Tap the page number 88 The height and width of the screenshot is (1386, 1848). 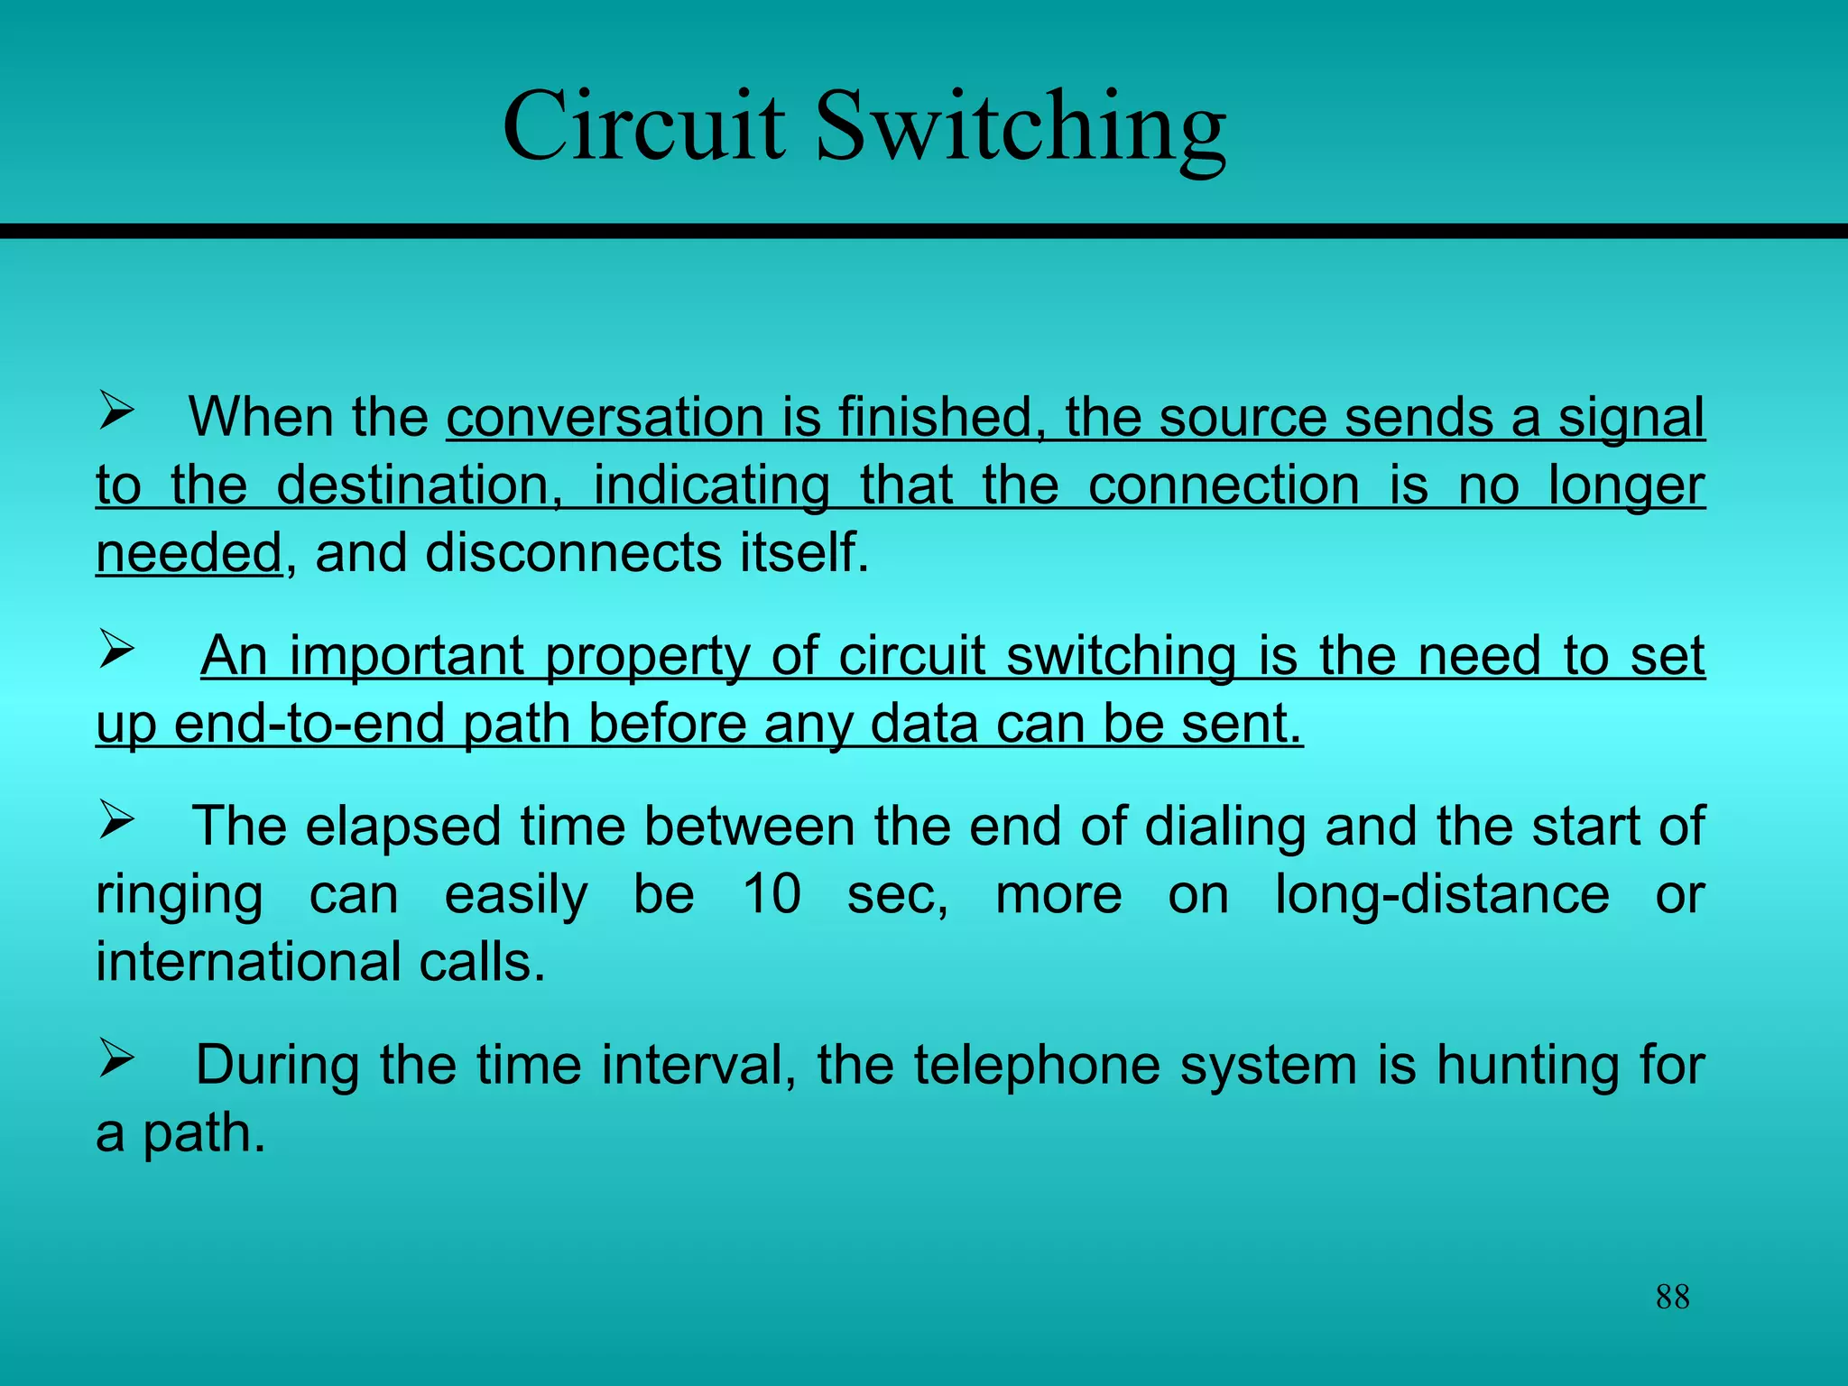tap(1672, 1297)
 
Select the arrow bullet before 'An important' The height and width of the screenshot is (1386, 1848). tap(116, 649)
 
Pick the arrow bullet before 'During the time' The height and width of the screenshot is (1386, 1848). tap(116, 1058)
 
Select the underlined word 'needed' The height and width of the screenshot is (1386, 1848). tap(189, 552)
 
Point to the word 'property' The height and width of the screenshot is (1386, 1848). tap(648, 657)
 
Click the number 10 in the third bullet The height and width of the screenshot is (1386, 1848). tap(772, 894)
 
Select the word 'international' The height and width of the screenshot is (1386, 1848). tap(247, 962)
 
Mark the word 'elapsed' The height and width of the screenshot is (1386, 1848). tap(403, 827)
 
